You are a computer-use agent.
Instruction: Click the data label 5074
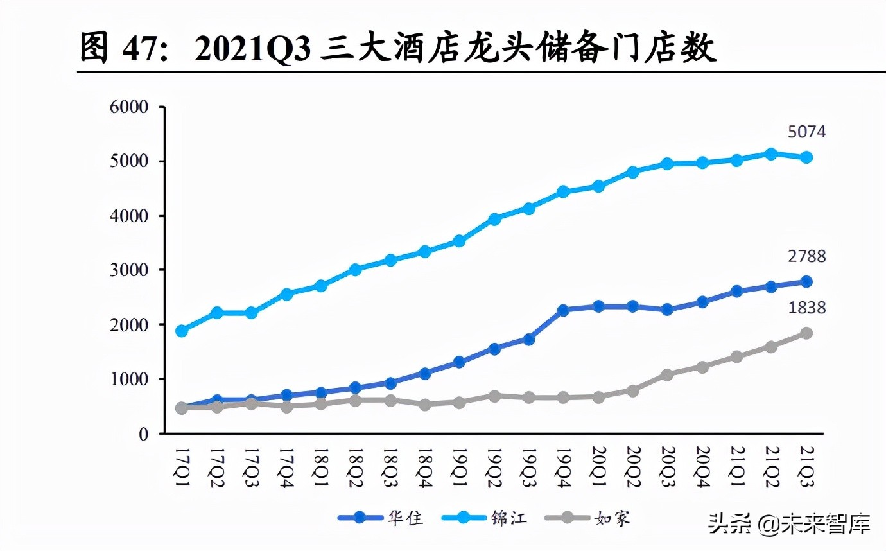point(806,132)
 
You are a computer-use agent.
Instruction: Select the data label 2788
point(806,257)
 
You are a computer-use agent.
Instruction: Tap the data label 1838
point(806,308)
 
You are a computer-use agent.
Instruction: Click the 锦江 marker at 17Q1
point(182,331)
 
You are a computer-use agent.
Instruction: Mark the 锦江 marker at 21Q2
point(771,153)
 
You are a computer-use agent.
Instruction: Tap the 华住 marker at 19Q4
point(563,310)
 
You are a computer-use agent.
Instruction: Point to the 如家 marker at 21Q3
point(806,333)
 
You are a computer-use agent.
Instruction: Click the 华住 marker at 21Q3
point(806,281)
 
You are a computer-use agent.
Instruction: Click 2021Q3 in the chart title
point(254,49)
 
